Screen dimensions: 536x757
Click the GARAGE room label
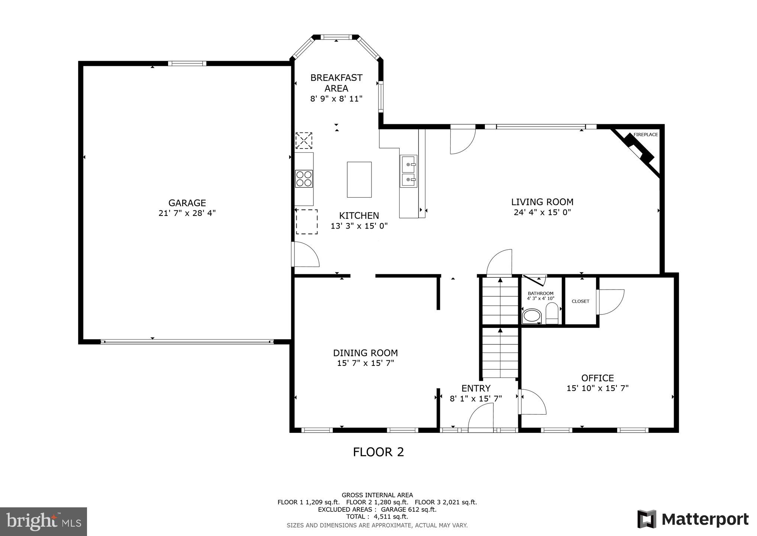click(x=187, y=203)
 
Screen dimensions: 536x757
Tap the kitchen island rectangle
click(x=359, y=179)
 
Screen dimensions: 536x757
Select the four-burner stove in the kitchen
click(x=304, y=178)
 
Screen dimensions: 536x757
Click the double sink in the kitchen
click(x=409, y=172)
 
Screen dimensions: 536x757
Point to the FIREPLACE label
click(x=645, y=135)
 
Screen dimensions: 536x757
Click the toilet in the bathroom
click(x=552, y=314)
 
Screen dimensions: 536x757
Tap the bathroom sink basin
click(x=532, y=316)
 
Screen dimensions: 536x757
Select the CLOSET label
click(x=580, y=301)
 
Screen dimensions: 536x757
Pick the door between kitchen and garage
click(x=306, y=254)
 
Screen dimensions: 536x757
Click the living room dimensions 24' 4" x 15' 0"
click(x=542, y=213)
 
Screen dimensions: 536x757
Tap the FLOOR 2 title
click(x=378, y=452)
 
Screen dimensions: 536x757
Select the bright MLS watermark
click(x=44, y=521)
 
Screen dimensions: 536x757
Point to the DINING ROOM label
click(x=365, y=353)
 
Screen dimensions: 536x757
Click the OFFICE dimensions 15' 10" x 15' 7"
click(x=597, y=388)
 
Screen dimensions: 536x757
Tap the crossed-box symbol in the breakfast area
click(x=304, y=141)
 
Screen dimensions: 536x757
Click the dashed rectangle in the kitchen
click(x=307, y=222)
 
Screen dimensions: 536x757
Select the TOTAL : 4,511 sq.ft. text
click(x=377, y=517)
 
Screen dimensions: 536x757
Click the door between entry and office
click(x=532, y=402)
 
